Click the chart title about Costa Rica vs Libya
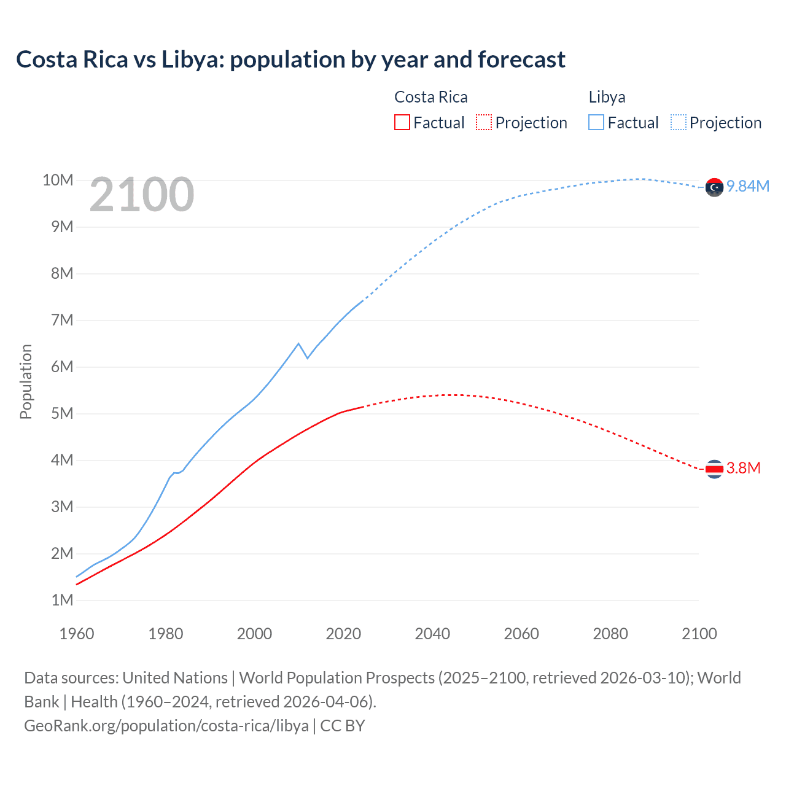290,60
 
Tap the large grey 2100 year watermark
142,195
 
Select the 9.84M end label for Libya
748,186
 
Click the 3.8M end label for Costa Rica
744,469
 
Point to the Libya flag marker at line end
714,187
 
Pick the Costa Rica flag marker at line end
714,469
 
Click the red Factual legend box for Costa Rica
402,122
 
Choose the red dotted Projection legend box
484,122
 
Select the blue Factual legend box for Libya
596,122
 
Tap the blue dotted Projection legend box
679,122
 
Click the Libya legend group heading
607,97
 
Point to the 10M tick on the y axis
58,180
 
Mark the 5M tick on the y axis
62,413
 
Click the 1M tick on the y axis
62,600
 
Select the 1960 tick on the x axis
77,634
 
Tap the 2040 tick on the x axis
432,634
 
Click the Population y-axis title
26,381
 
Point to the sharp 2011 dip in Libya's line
307,358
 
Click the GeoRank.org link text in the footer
166,726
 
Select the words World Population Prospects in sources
337,678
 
